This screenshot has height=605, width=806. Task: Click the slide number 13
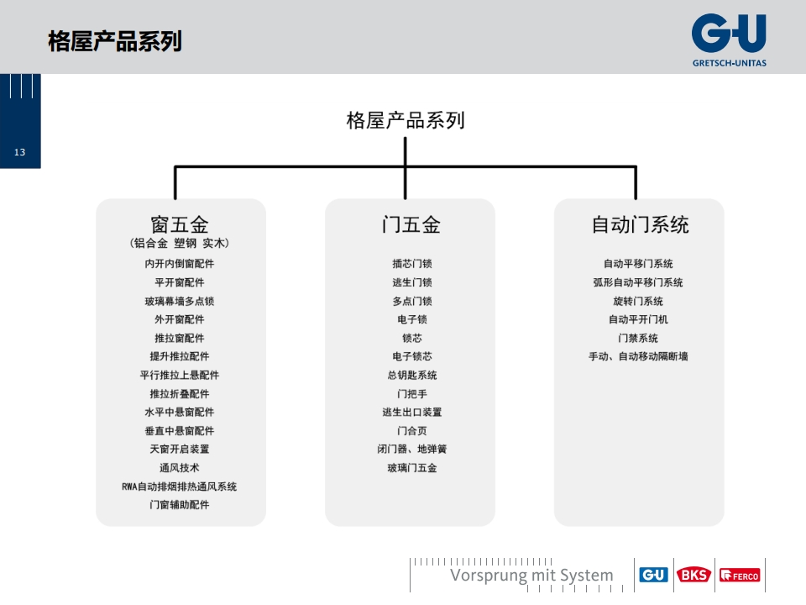point(19,152)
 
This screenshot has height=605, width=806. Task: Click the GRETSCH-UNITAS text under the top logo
point(729,63)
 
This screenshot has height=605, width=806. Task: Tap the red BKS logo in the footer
point(693,575)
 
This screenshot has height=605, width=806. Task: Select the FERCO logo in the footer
point(740,575)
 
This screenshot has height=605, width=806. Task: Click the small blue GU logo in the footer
point(653,575)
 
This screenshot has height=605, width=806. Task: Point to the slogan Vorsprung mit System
point(531,575)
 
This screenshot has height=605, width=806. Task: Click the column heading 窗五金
point(180,225)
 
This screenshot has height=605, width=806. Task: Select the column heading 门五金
point(411,225)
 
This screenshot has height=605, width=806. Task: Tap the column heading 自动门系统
point(640,225)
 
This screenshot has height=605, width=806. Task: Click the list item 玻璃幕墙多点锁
point(180,301)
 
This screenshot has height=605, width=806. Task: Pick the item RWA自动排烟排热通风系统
point(180,487)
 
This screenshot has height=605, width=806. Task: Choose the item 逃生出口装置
point(411,412)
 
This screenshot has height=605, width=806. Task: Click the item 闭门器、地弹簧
point(411,449)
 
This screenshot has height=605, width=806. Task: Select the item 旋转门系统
point(638,301)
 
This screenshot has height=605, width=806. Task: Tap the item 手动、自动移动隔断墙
point(638,356)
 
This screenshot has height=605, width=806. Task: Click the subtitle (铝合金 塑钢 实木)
point(180,244)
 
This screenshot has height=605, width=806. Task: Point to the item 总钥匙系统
point(411,375)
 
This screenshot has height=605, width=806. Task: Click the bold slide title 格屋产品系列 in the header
point(115,41)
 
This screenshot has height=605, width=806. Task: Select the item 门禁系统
point(638,338)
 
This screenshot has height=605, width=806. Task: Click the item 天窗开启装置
point(180,449)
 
